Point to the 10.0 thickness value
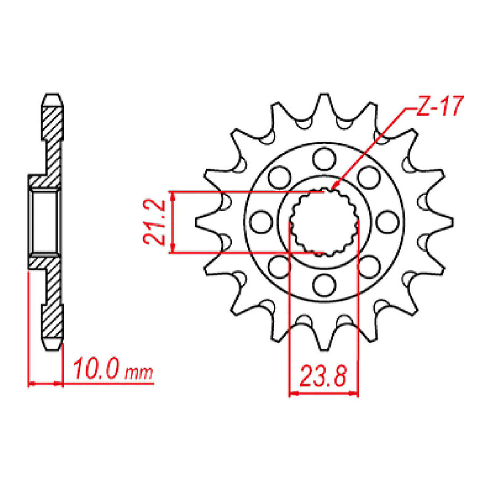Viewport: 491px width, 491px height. (x=97, y=371)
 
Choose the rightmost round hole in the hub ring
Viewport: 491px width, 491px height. (x=387, y=221)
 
